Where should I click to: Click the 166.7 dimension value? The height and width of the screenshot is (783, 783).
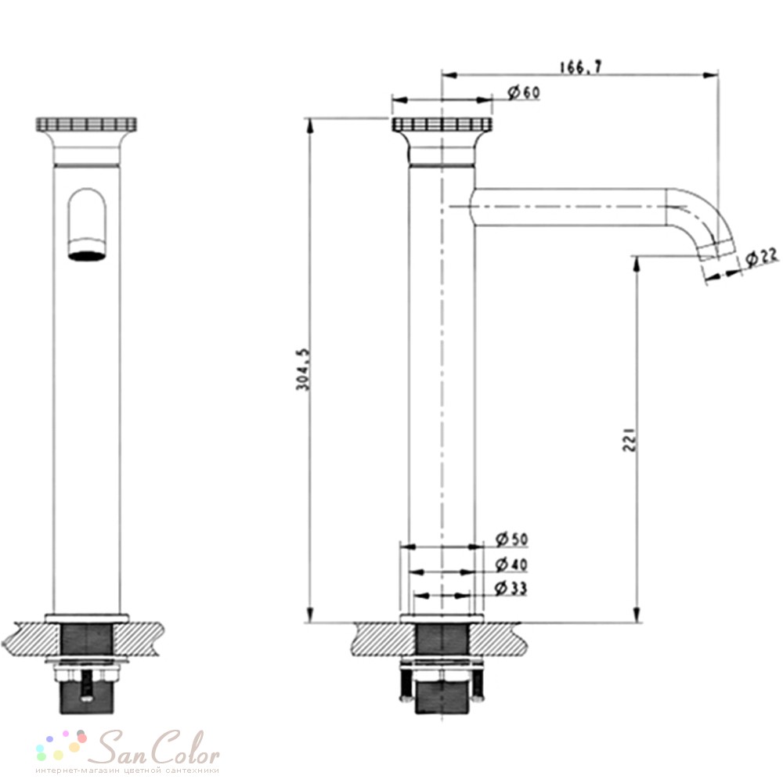coord(581,67)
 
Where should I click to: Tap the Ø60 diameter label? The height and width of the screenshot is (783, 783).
coord(523,92)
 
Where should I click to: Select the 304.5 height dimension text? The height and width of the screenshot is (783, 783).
coord(302,370)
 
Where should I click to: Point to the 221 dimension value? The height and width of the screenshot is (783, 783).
coord(630,440)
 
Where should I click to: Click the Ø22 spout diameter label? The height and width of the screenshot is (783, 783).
coord(761,258)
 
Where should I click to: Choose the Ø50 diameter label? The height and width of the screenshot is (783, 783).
coord(511,539)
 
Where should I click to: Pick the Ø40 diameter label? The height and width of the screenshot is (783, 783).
coord(511,565)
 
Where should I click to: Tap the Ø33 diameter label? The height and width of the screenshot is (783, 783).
coord(511,588)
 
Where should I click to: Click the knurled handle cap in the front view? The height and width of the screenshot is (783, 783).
coord(86,124)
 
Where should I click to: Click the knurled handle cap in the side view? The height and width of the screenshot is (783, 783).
coord(442,124)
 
